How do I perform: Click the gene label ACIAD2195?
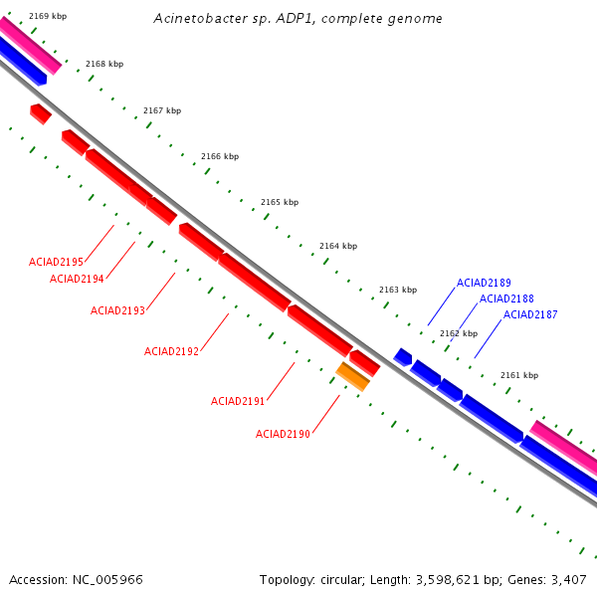(56, 262)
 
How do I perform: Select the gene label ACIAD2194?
(77, 279)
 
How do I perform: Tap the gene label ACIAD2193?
(117, 310)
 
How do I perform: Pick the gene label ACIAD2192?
(171, 351)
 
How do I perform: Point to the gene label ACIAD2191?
(238, 401)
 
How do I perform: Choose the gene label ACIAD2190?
(283, 434)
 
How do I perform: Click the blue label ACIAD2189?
(484, 283)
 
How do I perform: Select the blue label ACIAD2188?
(506, 298)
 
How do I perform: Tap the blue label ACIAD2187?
(530, 314)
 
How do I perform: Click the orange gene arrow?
(353, 376)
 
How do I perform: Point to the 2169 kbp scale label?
(48, 16)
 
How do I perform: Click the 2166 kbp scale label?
(220, 156)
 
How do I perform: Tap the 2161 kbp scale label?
(518, 375)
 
